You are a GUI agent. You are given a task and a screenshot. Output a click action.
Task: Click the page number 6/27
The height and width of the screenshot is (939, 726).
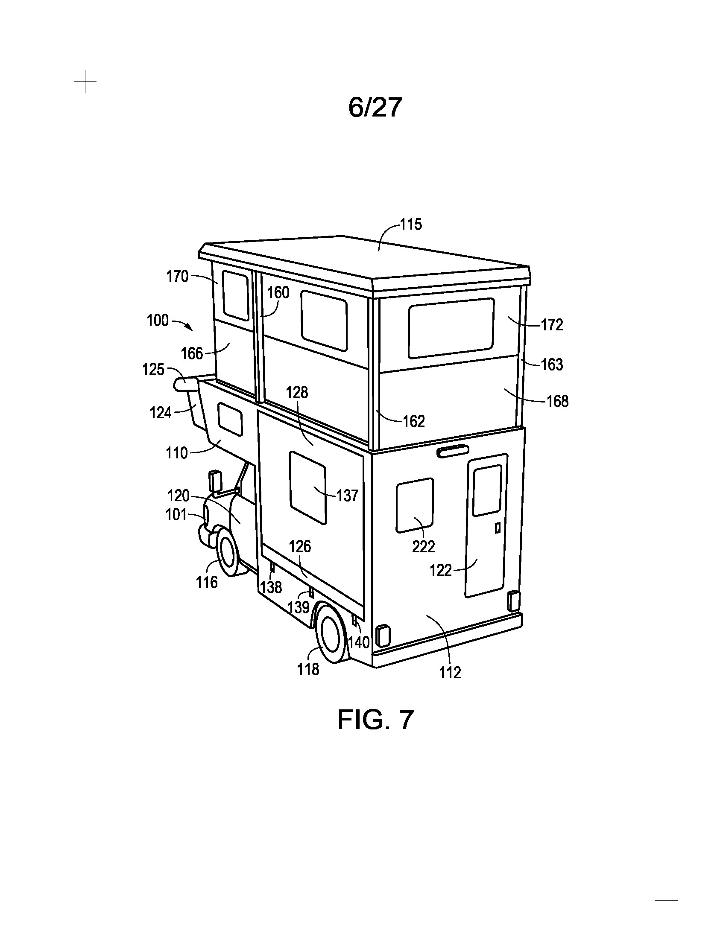pos(375,108)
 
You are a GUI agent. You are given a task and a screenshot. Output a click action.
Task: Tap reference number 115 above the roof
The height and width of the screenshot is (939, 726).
pos(411,225)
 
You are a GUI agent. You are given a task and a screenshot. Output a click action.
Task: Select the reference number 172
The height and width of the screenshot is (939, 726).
pos(552,325)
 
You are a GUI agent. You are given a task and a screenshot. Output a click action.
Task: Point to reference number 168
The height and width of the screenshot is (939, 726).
pos(557,401)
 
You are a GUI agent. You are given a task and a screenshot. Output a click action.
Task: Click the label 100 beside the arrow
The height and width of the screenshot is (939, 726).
pos(158,320)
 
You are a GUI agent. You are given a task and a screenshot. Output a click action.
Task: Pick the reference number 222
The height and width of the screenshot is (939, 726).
pos(424,546)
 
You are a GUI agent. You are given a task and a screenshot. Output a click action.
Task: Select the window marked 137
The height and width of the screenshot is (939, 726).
pos(307,487)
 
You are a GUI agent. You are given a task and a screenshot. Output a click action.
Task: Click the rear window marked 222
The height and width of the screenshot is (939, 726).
pos(415,505)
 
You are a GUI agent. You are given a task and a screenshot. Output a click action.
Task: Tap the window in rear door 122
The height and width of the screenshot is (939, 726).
pos(487,490)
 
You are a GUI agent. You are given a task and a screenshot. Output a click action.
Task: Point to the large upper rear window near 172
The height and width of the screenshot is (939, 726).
pos(451,328)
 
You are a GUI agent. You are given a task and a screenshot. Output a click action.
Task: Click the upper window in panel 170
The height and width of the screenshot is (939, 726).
pos(236,296)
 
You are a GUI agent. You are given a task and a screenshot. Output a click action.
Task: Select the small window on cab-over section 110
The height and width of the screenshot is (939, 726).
pos(230,419)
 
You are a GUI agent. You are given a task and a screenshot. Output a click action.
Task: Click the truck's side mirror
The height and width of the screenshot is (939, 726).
pos(214,481)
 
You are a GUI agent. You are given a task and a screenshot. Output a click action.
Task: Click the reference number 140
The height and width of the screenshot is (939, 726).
pos(359,642)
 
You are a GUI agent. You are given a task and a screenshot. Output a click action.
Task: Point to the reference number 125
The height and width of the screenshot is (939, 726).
pos(154,369)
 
